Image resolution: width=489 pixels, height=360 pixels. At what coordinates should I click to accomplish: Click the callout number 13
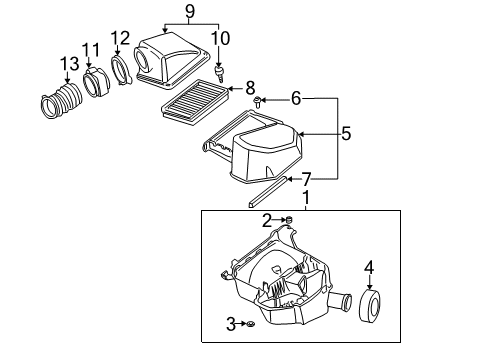[x=69, y=64]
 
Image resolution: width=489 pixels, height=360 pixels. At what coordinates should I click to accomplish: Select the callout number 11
[x=91, y=49]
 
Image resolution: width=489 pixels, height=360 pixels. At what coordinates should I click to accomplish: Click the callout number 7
[x=306, y=180]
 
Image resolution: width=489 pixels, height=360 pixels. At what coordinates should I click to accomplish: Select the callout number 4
[x=368, y=267]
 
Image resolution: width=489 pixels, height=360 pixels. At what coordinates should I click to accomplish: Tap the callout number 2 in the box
[x=267, y=220]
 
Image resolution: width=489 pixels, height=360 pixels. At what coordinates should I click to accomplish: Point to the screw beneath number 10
[x=222, y=72]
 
